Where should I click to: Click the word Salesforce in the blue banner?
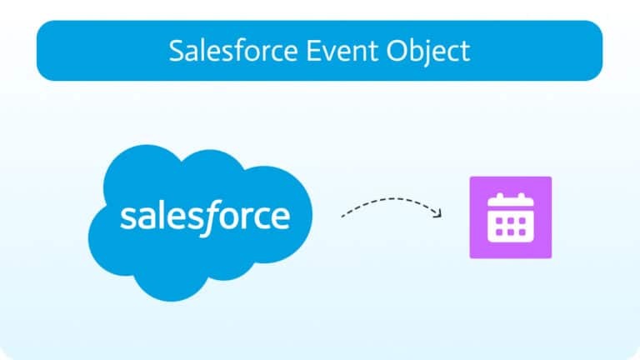coord(233,51)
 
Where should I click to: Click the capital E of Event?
coord(313,51)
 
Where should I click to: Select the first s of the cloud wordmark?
coord(127,217)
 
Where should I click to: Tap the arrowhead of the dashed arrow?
coord(438,213)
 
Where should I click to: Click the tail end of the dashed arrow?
coord(342,217)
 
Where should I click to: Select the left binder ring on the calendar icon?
coord(500,197)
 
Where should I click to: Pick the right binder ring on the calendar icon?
coord(522,197)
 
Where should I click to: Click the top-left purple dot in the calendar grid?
coord(499,221)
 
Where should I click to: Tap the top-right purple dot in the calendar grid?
coord(522,221)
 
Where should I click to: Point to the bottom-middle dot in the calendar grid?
coord(511,232)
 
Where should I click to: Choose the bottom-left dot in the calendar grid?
coord(499,232)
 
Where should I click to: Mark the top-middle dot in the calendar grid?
coord(511,221)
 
